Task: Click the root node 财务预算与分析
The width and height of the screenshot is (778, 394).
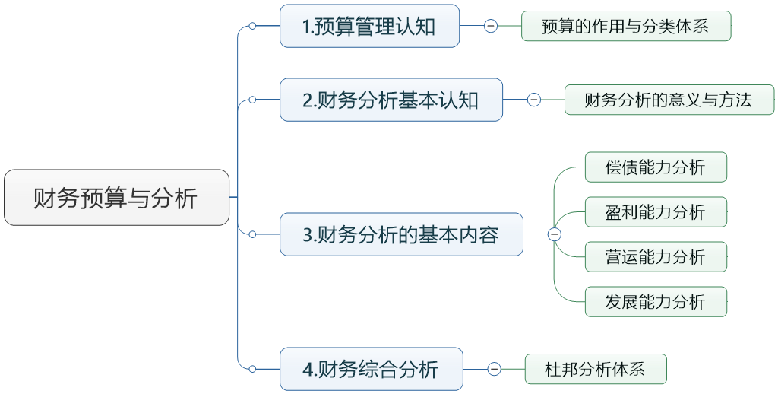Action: [x=116, y=198]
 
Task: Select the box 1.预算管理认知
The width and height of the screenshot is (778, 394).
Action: [x=369, y=26]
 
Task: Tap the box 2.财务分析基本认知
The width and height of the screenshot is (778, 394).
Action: [x=391, y=100]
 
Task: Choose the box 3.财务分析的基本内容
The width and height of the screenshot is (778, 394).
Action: [x=401, y=234]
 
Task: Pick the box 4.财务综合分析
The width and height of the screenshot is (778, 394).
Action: [x=371, y=369]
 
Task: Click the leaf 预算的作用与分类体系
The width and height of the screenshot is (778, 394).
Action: [x=625, y=26]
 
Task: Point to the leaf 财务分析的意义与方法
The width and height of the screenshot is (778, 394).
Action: [x=669, y=100]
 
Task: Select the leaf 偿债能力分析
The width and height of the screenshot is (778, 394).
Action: [x=656, y=167]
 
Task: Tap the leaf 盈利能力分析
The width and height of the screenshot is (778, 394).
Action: [x=656, y=212]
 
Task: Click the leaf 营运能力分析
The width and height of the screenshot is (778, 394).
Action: [x=656, y=257]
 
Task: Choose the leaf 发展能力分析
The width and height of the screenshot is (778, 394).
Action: [x=656, y=302]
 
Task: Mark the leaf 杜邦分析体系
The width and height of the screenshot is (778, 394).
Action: [x=596, y=370]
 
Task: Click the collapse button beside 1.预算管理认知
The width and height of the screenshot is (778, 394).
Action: [x=491, y=26]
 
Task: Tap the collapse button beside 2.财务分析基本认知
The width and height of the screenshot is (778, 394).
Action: [x=534, y=100]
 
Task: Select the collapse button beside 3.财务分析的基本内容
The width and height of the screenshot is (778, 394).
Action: [x=555, y=234]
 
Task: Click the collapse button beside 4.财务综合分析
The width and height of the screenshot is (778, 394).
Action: [x=495, y=370]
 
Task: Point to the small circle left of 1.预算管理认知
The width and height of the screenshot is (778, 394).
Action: [x=252, y=26]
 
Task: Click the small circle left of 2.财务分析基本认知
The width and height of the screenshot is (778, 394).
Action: [x=252, y=100]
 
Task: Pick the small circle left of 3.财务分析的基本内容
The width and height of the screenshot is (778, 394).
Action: [x=252, y=234]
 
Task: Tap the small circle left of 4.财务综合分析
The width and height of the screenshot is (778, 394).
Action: [x=252, y=369]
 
